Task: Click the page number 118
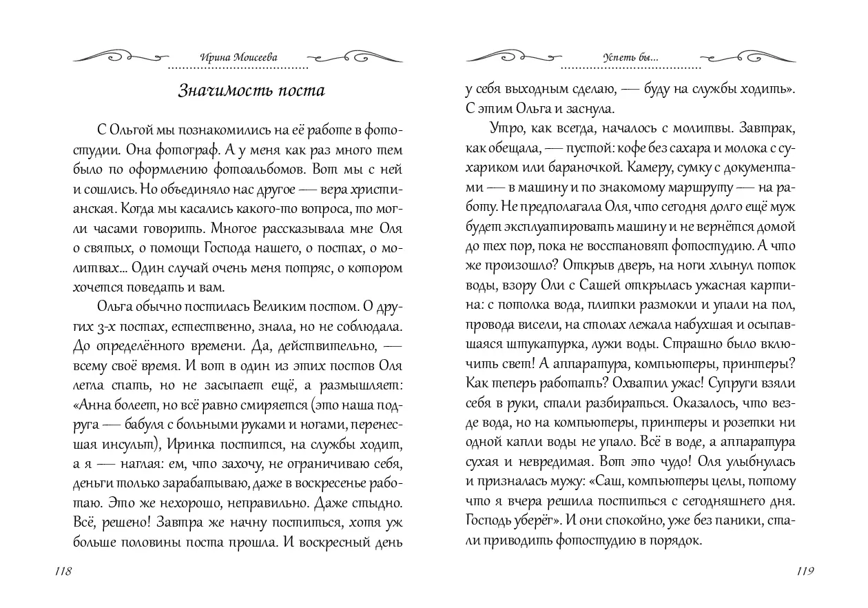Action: click(61, 571)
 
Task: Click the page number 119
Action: click(805, 571)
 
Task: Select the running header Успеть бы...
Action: click(630, 58)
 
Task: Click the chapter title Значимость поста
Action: click(242, 91)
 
